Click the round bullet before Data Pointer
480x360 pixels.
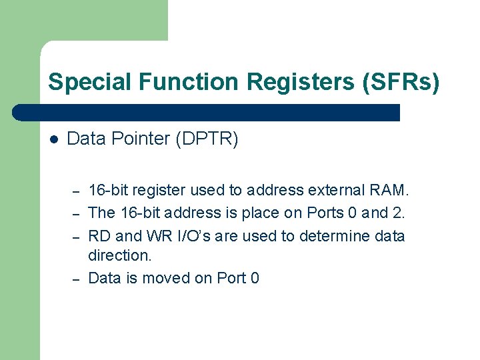click(x=53, y=139)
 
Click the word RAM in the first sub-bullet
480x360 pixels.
click(x=387, y=191)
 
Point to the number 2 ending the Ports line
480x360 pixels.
click(x=401, y=213)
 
